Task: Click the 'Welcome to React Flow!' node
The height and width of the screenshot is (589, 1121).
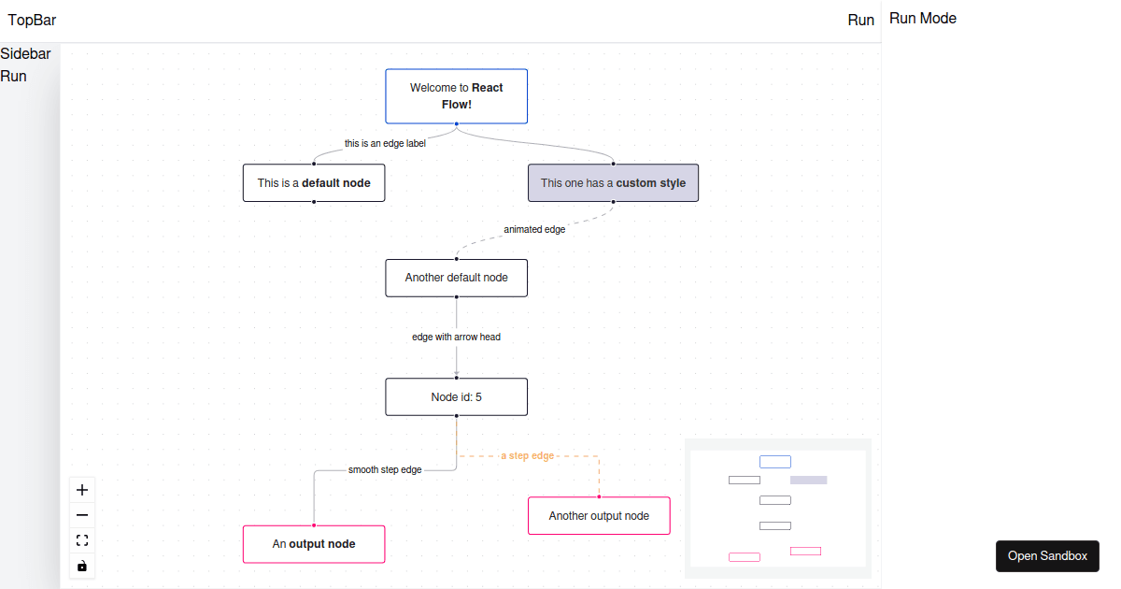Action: click(456, 95)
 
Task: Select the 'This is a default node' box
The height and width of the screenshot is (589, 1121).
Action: click(314, 183)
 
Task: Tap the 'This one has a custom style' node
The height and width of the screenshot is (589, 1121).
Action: click(613, 183)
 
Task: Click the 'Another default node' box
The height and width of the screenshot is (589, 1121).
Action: click(456, 278)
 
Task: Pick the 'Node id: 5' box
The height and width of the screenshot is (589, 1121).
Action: click(456, 396)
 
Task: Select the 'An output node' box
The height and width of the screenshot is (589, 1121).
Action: click(314, 544)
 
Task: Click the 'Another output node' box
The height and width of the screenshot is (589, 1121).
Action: click(599, 515)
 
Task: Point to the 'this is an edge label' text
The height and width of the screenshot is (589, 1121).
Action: click(385, 144)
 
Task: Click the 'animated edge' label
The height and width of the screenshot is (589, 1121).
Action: click(534, 229)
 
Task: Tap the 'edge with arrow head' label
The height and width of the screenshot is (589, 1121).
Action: click(456, 337)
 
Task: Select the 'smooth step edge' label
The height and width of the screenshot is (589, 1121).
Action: click(385, 469)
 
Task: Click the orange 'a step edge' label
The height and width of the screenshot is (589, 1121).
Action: click(527, 455)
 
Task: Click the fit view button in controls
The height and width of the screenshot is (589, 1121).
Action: click(82, 540)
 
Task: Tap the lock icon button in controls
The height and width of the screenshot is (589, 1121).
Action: click(82, 566)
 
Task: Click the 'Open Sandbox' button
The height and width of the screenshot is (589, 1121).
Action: click(1047, 555)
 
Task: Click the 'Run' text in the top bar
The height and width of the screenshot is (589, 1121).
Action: click(860, 20)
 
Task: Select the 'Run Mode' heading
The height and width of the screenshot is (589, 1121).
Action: click(922, 18)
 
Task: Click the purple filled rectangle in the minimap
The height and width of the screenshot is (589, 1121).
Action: click(808, 480)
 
